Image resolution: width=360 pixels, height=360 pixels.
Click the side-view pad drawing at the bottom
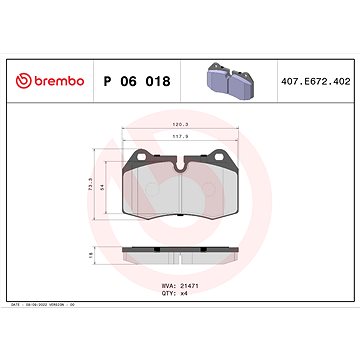179,257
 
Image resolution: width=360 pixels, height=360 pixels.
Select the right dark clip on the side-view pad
221,250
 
